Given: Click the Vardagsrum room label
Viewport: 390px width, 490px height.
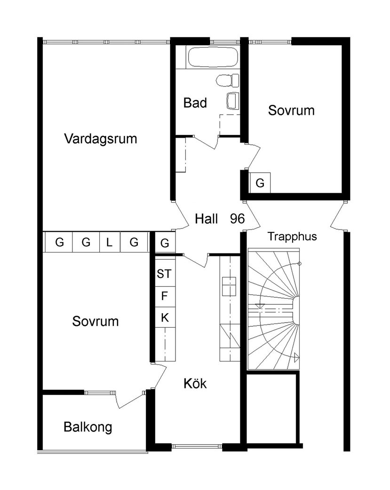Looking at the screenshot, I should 101,139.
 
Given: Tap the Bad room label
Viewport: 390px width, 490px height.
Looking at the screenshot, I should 195,103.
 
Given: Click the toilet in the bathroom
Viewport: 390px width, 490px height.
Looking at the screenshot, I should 227,80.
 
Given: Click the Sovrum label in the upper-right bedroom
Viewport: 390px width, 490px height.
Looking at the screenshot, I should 291,111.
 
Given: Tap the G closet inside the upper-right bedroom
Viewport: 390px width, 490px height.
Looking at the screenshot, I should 260,182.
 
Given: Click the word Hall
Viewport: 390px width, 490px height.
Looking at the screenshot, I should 207,219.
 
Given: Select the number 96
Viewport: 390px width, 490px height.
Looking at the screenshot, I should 237,219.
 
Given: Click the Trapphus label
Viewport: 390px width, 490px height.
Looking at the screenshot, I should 292,237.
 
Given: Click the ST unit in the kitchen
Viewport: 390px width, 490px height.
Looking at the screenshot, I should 164,274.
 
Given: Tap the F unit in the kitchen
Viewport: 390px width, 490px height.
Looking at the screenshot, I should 164,296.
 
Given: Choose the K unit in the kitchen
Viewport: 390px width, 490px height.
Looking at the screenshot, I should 165,318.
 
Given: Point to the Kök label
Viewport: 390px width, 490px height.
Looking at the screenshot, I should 195,384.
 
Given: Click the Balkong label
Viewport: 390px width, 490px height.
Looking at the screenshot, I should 88,427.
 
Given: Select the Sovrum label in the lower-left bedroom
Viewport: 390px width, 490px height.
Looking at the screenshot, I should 96,322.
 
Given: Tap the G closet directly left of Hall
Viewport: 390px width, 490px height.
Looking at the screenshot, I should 164,243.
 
